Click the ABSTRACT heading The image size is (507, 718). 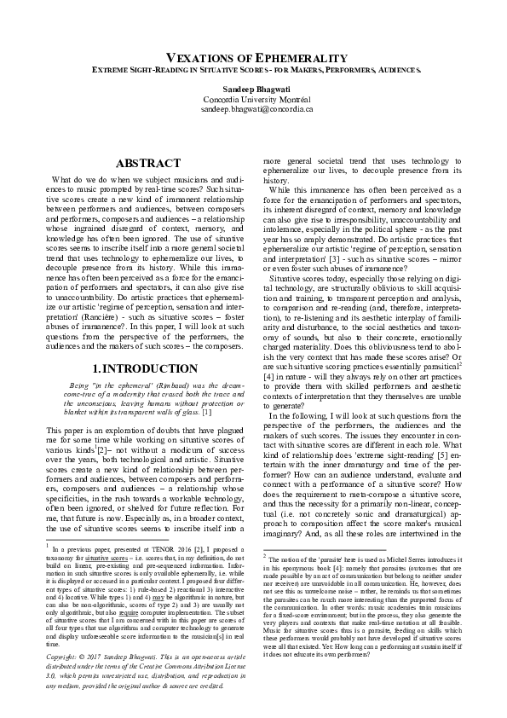(x=147, y=163)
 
